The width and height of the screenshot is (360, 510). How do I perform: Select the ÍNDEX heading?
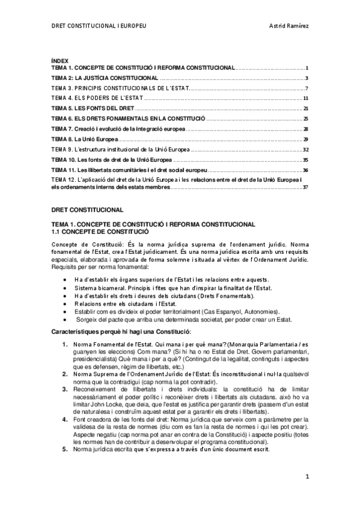click(60, 61)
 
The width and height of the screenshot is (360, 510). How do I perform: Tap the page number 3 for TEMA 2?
click(307, 78)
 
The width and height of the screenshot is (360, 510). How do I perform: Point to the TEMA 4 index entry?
click(97, 98)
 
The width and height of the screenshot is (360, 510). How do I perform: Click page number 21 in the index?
click(306, 108)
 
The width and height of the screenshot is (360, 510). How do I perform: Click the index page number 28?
click(306, 129)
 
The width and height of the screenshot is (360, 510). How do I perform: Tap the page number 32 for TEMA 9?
click(306, 149)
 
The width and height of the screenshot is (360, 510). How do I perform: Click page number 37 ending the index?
click(306, 187)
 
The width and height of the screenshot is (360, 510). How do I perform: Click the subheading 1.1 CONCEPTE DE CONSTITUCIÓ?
click(99, 231)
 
